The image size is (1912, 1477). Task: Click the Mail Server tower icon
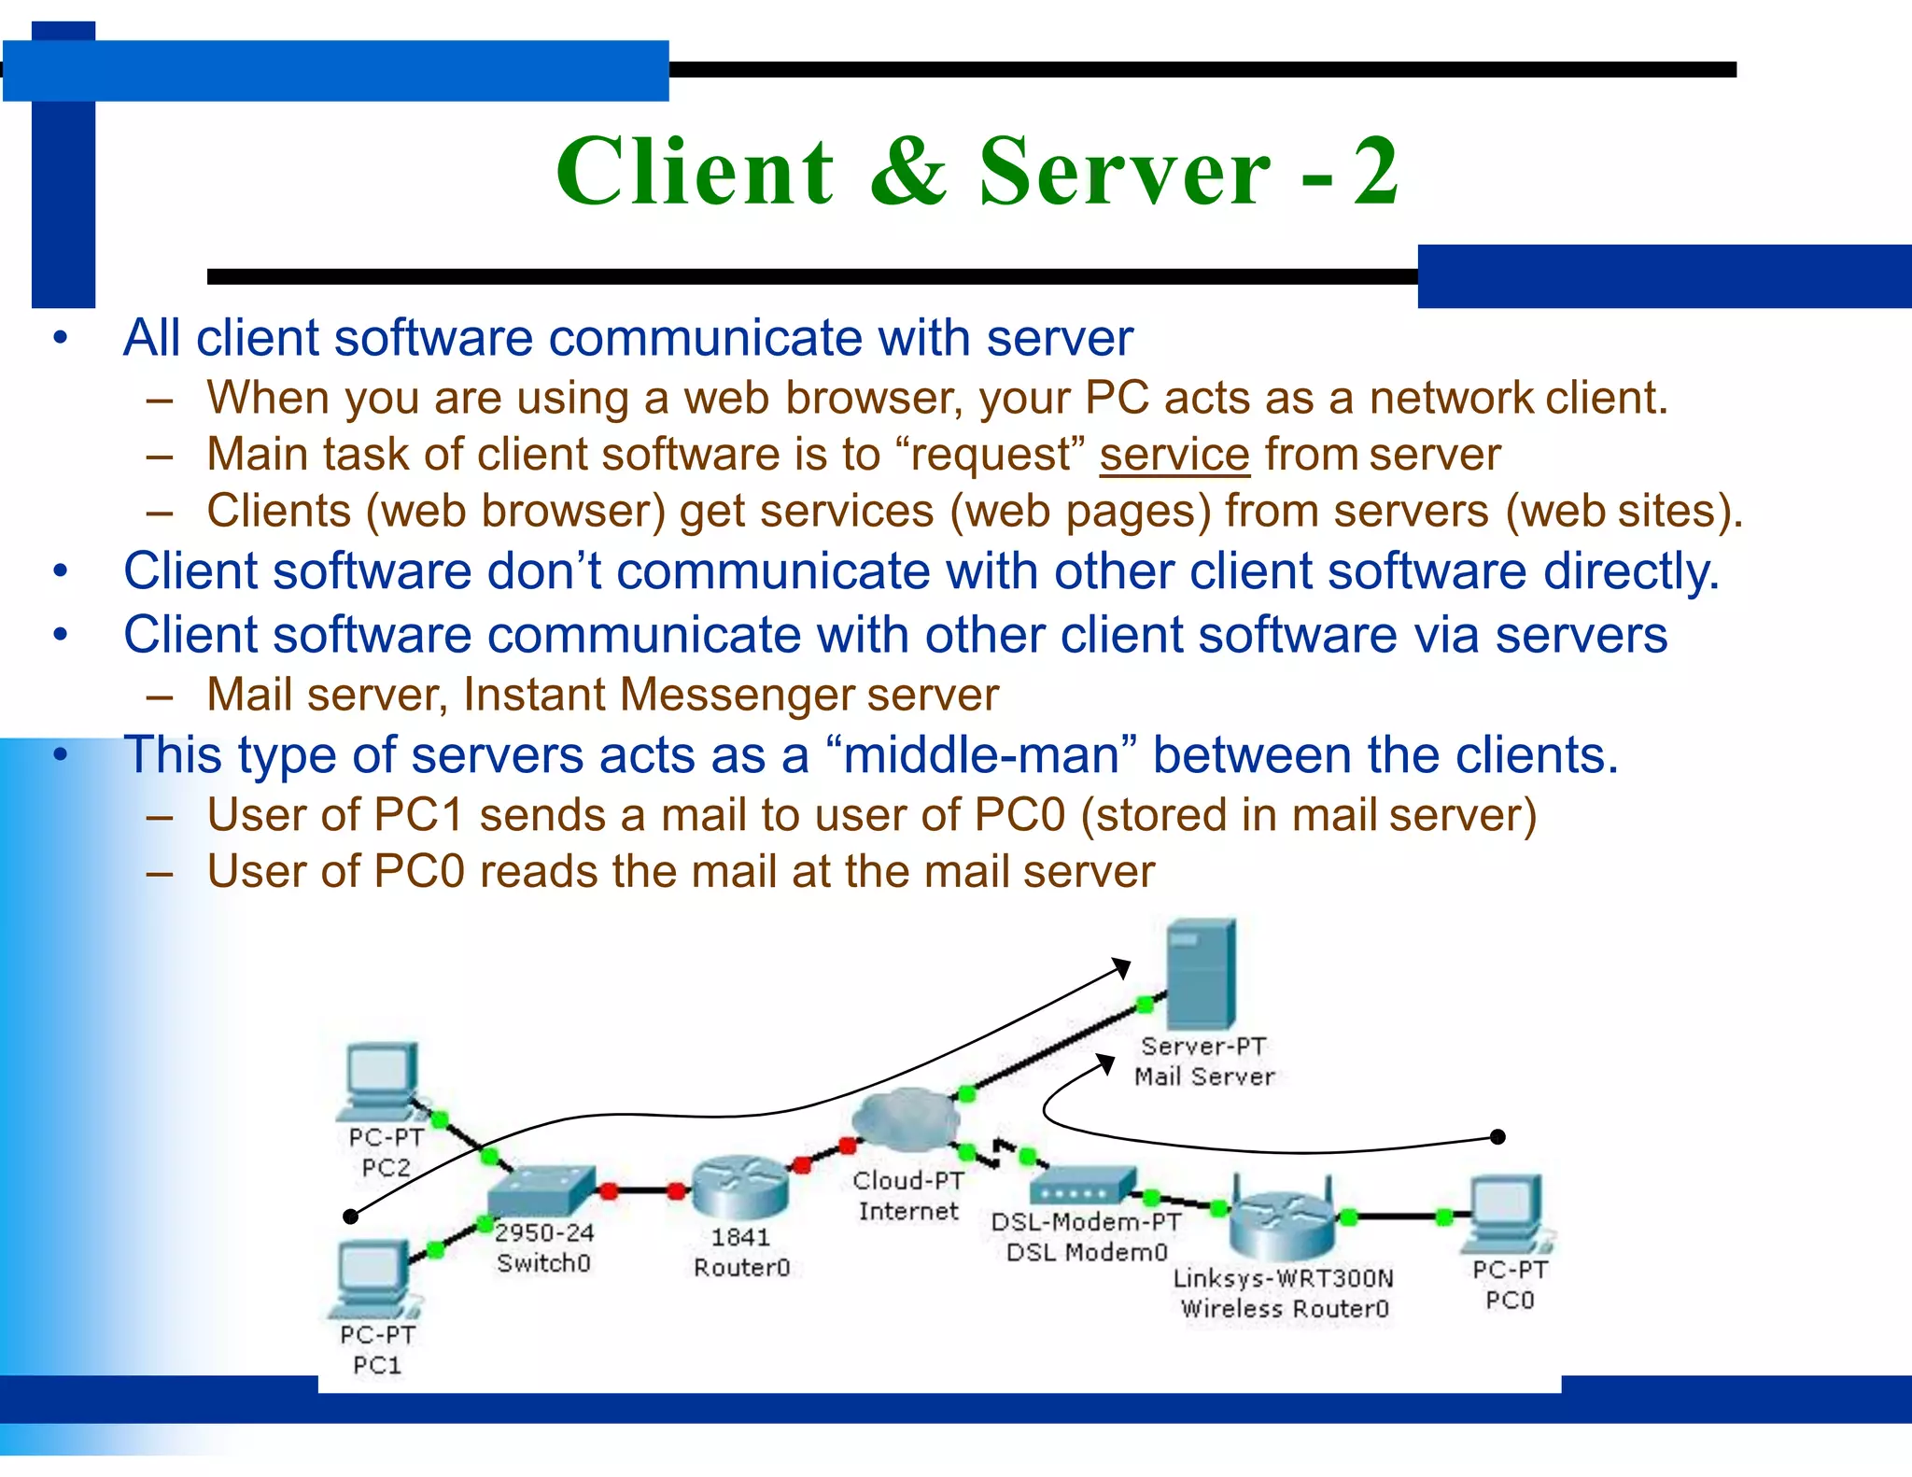click(1201, 975)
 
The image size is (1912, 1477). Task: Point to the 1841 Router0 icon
click(740, 1186)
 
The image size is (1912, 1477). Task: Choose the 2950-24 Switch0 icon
click(541, 1190)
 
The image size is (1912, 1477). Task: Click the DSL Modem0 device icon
click(1083, 1187)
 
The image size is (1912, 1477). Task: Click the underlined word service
click(1174, 455)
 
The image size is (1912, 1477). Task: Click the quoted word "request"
click(990, 455)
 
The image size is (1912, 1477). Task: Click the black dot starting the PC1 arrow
click(351, 1216)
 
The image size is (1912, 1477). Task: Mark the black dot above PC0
click(1497, 1136)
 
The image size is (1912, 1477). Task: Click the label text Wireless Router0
click(1285, 1309)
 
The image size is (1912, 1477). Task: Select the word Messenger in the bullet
click(737, 695)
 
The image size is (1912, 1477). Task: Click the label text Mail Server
click(1204, 1076)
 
